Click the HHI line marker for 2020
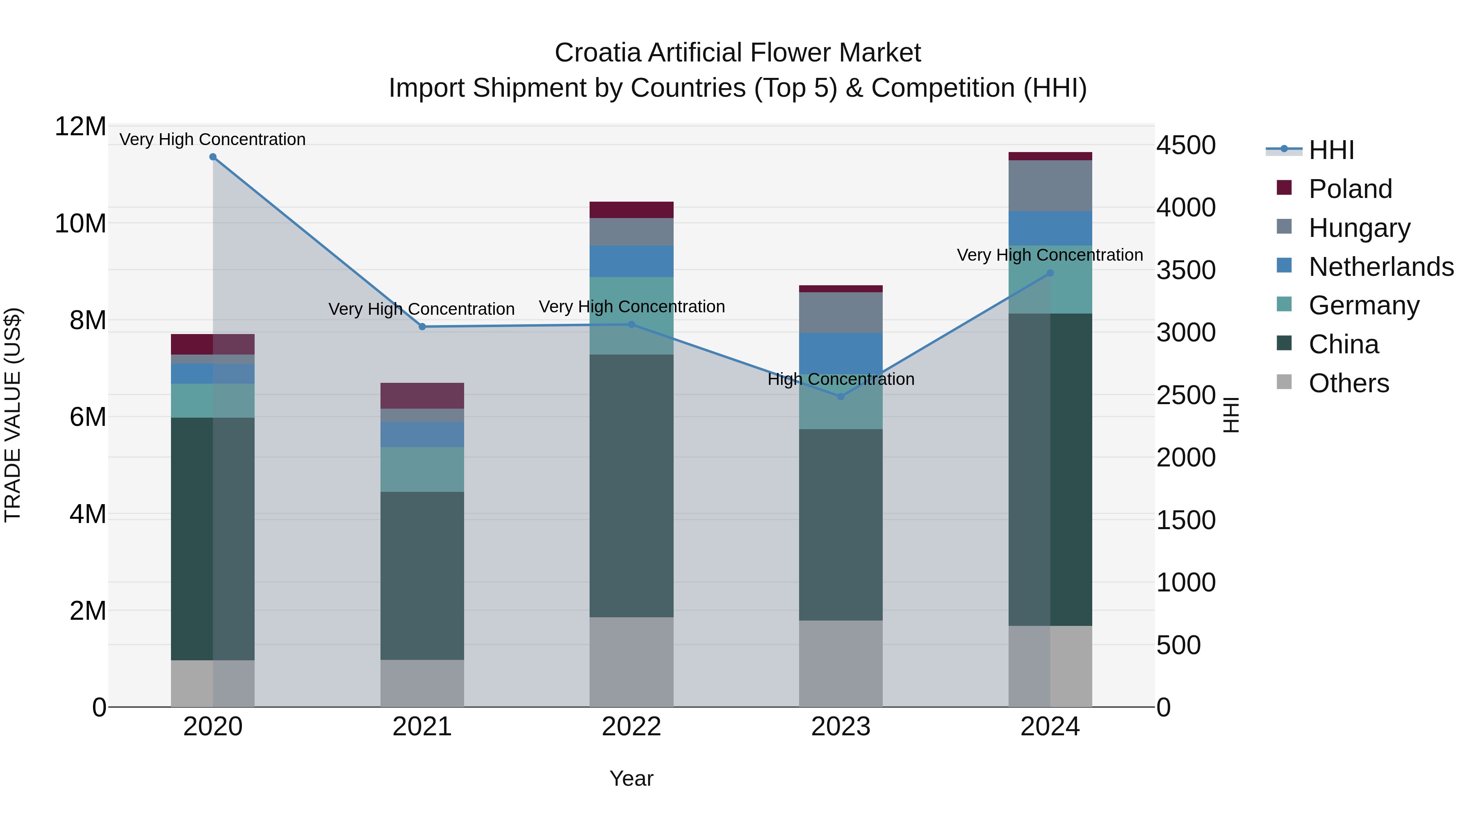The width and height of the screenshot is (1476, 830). point(212,157)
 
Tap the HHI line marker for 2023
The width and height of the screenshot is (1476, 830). point(840,396)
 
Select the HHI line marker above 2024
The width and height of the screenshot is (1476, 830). point(1050,273)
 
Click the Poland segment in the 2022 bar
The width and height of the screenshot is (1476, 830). point(631,209)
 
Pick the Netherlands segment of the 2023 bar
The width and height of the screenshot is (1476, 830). point(840,353)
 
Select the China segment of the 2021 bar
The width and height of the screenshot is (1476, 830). point(422,576)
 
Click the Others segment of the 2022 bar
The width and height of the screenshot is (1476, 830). point(631,662)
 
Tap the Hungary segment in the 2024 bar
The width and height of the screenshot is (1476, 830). point(1050,186)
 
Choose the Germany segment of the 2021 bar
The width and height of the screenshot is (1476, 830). point(422,469)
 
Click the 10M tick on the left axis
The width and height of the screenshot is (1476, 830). point(81,223)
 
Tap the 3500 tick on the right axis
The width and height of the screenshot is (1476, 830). point(1185,271)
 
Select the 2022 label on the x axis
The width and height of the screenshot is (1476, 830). point(631,727)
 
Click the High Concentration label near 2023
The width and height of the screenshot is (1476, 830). point(840,379)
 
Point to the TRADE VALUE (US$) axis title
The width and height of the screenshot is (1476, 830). point(13,415)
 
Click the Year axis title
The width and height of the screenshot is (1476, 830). point(631,778)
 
